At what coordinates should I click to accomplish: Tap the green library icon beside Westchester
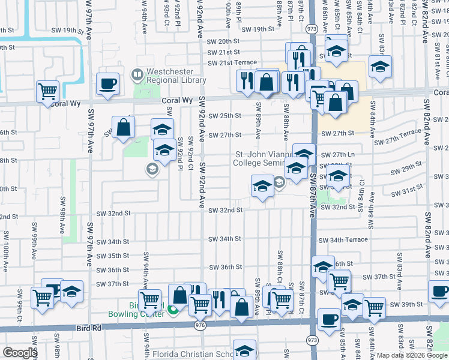point(138,75)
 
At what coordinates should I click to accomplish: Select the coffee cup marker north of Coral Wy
point(107,84)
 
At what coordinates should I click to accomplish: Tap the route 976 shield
point(200,325)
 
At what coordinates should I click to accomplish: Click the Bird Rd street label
point(87,328)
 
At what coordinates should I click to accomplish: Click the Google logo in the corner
point(20,353)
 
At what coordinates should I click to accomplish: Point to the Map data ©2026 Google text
point(412,355)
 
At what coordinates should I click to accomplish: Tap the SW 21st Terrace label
point(232,63)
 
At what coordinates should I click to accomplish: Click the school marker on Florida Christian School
point(244,350)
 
